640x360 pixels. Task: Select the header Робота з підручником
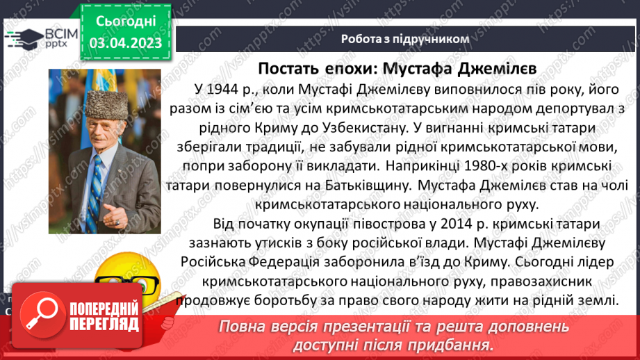coord(405,39)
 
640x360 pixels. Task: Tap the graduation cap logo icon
coord(20,37)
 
